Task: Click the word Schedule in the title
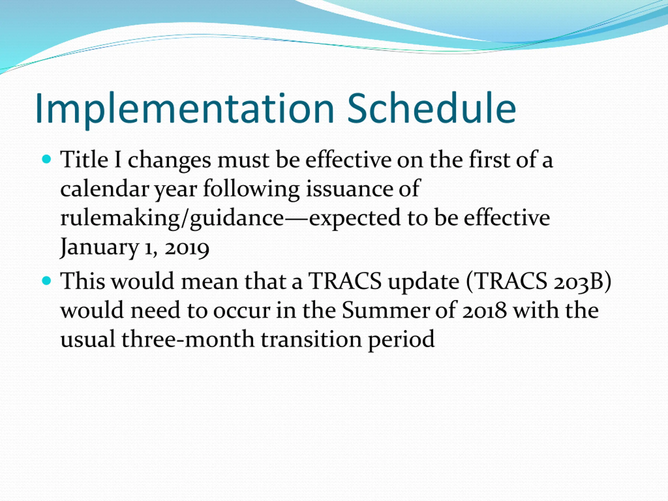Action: tap(432, 108)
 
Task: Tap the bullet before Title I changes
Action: tap(46, 159)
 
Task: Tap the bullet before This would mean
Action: tap(46, 281)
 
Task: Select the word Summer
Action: tap(385, 310)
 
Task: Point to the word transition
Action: tap(311, 339)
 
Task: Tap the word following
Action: tap(251, 189)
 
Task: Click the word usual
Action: tap(88, 339)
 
